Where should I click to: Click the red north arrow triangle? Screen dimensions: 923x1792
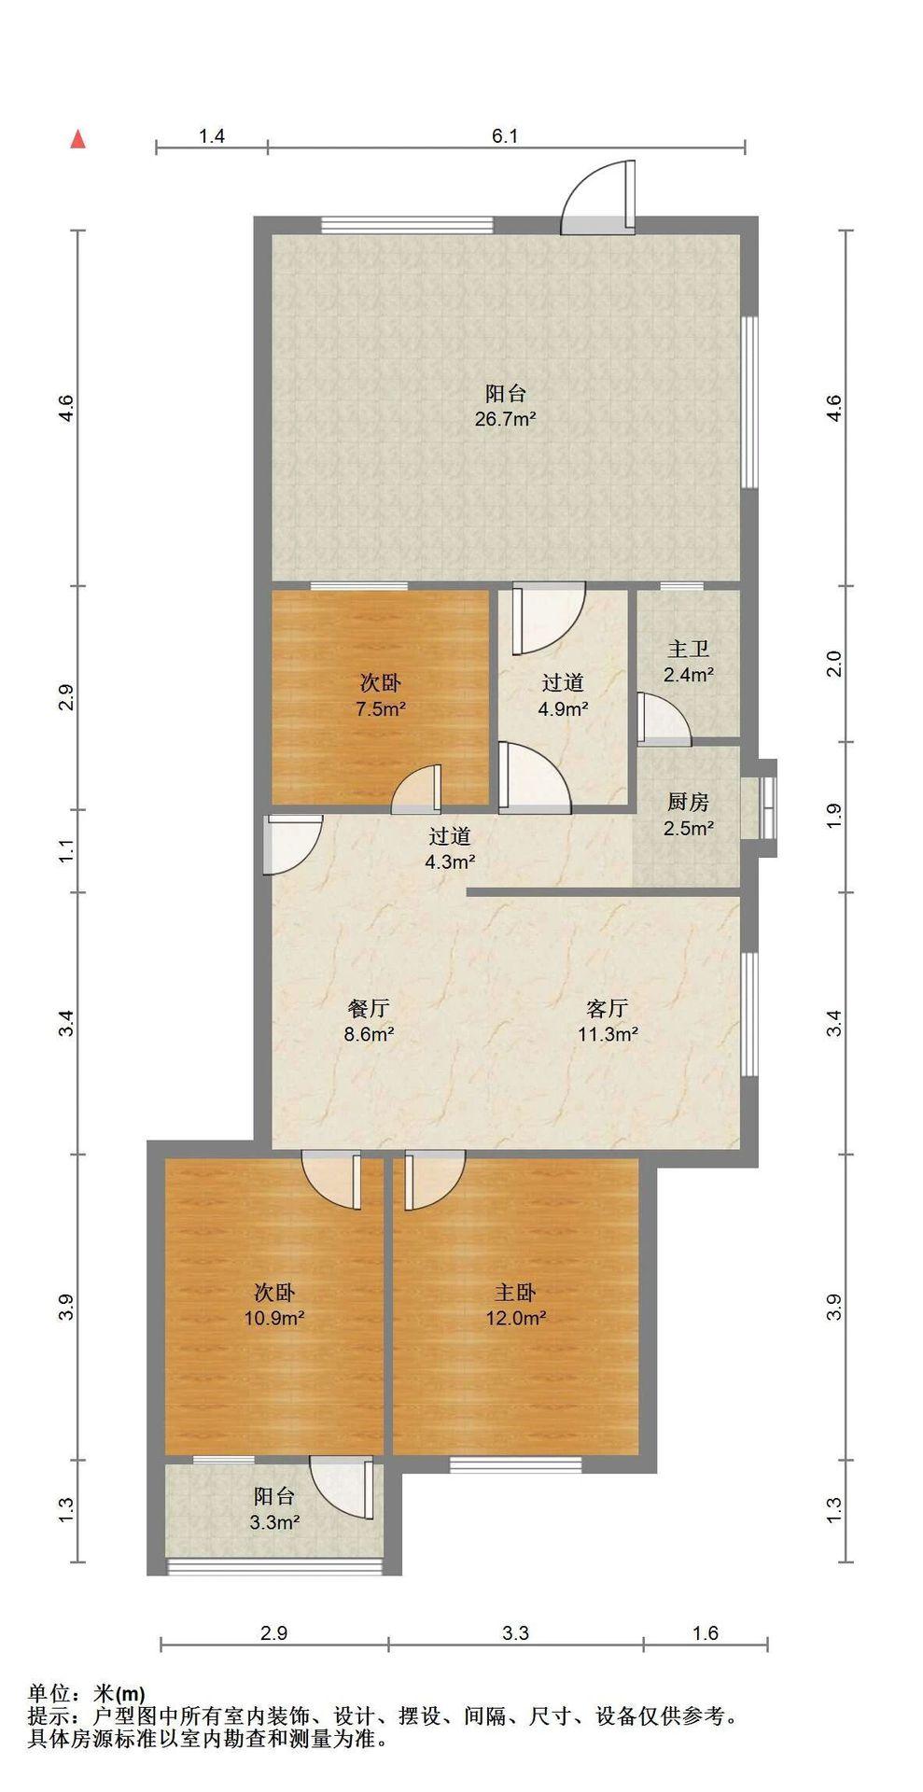[79, 139]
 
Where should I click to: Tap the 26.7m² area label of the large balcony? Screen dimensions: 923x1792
[505, 419]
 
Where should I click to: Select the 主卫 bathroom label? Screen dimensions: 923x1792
[689, 649]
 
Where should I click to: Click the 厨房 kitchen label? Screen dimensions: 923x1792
[689, 802]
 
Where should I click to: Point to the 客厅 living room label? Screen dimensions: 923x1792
[607, 1008]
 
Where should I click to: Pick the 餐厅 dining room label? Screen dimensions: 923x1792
[369, 1008]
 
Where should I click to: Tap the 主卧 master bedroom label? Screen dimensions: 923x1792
[515, 1293]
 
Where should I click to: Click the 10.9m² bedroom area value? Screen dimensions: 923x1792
[276, 1319]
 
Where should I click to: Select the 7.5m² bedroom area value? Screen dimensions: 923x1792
[381, 708]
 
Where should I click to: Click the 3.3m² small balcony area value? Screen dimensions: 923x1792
[274, 1522]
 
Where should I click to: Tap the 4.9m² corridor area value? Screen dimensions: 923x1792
[563, 708]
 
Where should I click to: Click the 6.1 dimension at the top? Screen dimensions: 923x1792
[505, 136]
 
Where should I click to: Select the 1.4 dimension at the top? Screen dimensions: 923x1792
[212, 136]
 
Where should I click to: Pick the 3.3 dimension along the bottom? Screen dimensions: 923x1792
[516, 1633]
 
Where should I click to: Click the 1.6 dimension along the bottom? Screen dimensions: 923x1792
[706, 1633]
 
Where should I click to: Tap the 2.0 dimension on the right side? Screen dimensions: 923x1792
[835, 665]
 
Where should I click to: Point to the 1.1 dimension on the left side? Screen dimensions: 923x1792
[66, 851]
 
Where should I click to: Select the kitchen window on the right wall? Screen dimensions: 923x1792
[767, 802]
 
